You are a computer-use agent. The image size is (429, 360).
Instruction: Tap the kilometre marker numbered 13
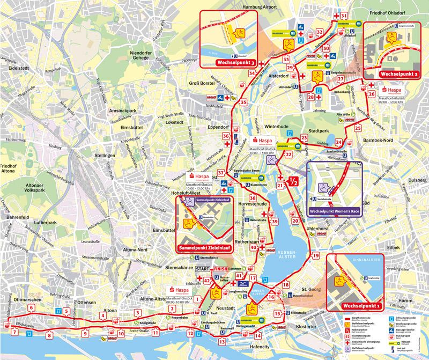[222, 340]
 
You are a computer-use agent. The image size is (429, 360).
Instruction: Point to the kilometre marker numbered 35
[244, 102]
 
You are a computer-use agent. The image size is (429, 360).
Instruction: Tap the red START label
[202, 268]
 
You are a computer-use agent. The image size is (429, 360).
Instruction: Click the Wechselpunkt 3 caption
[235, 63]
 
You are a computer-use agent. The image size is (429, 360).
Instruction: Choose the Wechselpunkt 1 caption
[357, 306]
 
